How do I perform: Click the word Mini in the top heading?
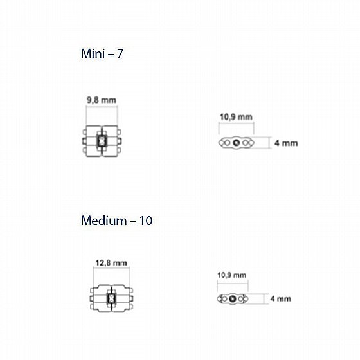coord(93,54)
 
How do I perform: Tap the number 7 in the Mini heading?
coord(120,54)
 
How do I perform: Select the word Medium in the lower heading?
coord(104,221)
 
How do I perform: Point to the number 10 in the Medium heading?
coord(145,221)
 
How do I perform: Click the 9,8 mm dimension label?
coord(102,100)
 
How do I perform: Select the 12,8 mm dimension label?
coord(111,263)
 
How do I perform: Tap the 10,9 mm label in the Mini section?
coord(237,117)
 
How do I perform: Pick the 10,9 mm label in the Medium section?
coord(232,275)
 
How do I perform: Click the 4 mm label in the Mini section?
coord(286,143)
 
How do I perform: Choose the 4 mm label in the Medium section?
coord(280,299)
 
